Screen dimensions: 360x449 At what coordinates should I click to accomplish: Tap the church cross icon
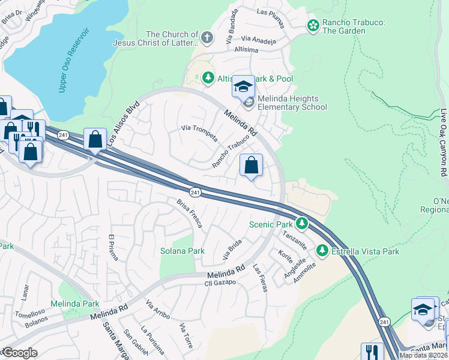(207, 38)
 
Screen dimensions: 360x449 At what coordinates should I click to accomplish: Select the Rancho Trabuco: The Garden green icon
(313, 25)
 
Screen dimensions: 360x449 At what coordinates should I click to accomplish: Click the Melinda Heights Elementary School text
(292, 103)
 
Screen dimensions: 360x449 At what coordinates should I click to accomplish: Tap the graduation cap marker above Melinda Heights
(243, 87)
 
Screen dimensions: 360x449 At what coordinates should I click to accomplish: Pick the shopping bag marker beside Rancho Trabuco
(252, 165)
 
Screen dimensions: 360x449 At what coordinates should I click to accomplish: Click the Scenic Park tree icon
(303, 224)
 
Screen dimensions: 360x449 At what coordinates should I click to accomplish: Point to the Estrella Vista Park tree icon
(322, 251)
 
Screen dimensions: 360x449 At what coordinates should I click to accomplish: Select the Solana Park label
(182, 251)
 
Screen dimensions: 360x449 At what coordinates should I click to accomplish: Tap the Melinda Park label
(75, 304)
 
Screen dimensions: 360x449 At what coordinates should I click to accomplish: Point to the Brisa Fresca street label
(189, 214)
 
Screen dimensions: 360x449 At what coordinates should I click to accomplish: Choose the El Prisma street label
(113, 247)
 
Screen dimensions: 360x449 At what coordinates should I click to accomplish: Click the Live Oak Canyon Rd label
(443, 143)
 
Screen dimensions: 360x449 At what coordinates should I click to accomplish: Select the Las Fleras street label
(260, 278)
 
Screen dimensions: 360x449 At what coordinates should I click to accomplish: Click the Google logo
(20, 353)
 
